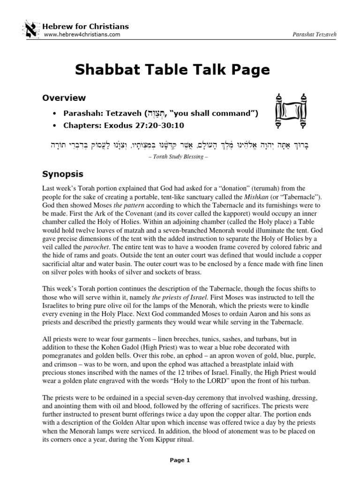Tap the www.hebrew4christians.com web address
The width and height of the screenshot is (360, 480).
coord(82,34)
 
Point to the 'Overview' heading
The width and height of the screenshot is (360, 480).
coord(64,98)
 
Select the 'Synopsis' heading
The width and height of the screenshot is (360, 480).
coord(63,174)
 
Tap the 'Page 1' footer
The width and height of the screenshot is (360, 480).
coord(180,460)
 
